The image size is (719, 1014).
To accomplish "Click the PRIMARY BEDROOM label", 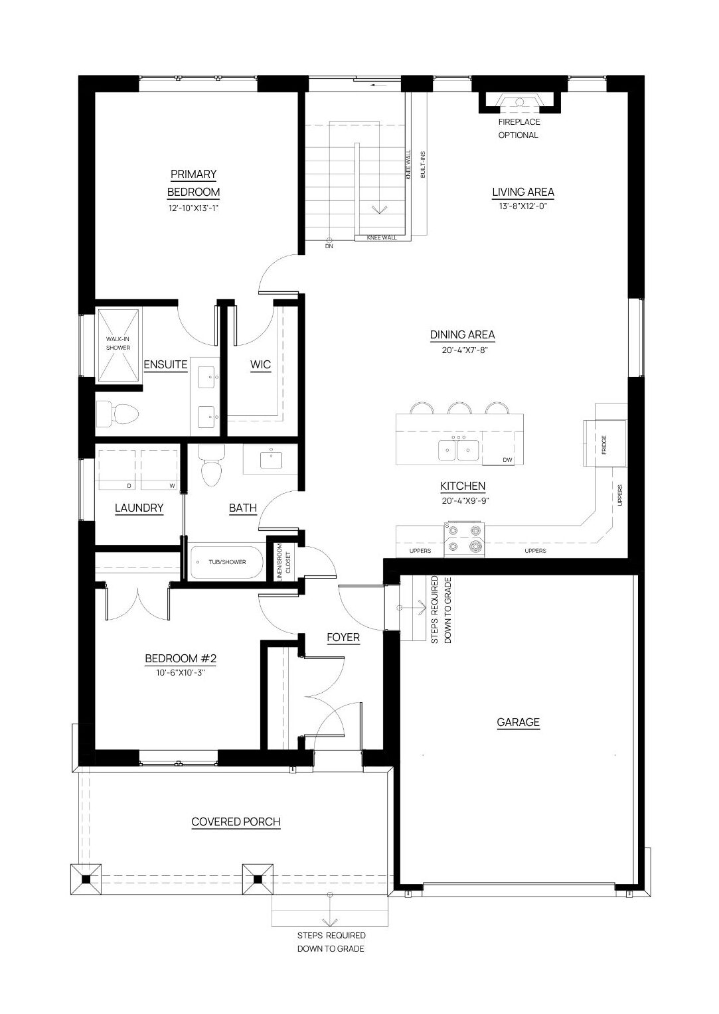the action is click(193, 183).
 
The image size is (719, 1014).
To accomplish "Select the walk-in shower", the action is click(118, 345).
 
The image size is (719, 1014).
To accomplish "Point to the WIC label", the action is click(260, 364).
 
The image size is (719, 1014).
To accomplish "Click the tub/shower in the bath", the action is click(227, 562).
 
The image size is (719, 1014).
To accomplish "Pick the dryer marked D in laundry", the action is click(116, 469).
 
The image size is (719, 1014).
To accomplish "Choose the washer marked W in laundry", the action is click(159, 469).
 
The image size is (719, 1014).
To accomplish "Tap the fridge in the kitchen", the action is click(605, 443).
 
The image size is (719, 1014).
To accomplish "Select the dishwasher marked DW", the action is click(502, 448).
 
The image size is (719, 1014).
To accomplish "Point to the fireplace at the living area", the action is click(519, 104).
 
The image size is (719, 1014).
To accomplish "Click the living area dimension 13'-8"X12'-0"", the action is click(523, 206).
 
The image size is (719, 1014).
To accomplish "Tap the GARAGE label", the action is click(518, 722).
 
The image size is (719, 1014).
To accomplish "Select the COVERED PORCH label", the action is click(236, 822).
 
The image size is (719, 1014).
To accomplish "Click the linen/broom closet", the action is click(284, 562).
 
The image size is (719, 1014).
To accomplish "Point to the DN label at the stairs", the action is click(329, 246).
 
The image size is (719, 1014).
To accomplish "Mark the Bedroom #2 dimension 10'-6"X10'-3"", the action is click(181, 673).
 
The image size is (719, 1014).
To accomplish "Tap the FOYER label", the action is click(343, 637).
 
